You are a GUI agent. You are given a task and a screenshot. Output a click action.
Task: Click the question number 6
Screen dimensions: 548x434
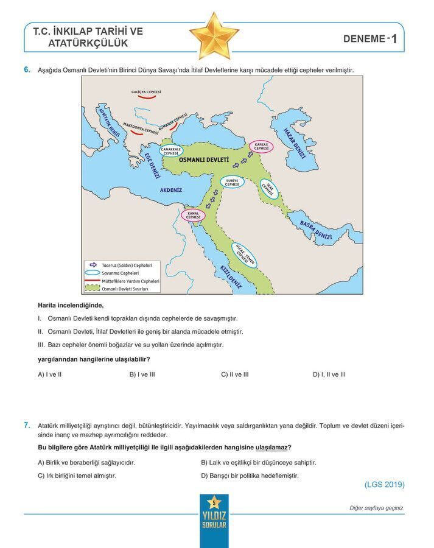click(x=27, y=70)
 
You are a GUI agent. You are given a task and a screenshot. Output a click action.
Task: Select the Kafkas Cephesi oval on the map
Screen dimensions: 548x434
click(x=262, y=146)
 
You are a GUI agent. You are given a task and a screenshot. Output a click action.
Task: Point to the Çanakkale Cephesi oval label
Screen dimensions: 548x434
click(x=170, y=152)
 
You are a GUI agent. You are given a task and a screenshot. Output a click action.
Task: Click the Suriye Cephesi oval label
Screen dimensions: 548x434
click(x=231, y=183)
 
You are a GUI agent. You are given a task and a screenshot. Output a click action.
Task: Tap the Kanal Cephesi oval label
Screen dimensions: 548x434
click(x=194, y=215)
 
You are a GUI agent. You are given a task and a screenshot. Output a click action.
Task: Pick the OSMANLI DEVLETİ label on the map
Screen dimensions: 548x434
click(x=204, y=160)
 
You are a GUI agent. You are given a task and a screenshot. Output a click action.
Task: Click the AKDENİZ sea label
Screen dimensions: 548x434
click(x=171, y=190)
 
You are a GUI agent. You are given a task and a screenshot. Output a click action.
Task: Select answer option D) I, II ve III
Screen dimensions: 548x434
click(x=329, y=374)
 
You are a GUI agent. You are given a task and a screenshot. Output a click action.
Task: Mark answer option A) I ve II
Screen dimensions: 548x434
click(x=50, y=374)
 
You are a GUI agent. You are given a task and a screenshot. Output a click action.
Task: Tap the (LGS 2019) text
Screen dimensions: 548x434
click(x=384, y=485)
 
